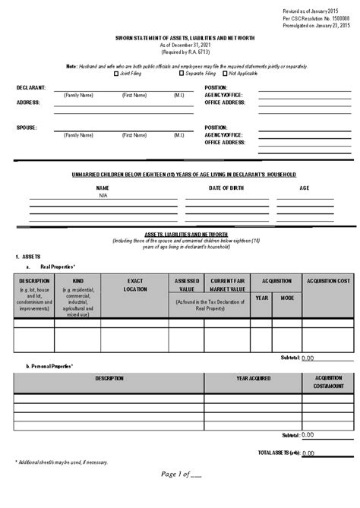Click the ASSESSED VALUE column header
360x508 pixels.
(187, 285)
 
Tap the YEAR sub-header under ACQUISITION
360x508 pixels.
(262, 297)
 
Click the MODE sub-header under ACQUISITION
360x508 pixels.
(286, 297)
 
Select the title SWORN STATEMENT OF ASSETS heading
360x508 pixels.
(179, 38)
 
